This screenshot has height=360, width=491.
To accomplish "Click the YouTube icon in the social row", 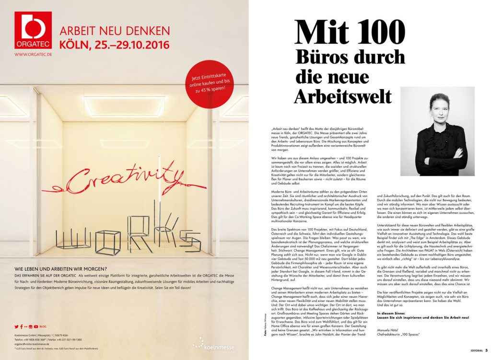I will [36, 326].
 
